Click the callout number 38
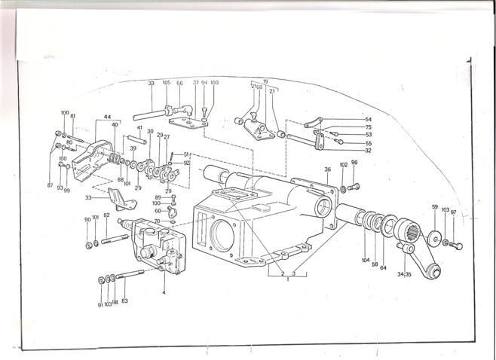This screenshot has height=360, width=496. click(x=151, y=83)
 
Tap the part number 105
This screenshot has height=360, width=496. click(x=167, y=83)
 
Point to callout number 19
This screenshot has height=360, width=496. click(x=265, y=81)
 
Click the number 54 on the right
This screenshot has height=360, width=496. click(x=348, y=120)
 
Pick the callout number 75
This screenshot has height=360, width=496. click(x=348, y=127)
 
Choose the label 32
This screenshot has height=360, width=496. click(x=348, y=151)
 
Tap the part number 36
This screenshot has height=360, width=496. click(x=327, y=169)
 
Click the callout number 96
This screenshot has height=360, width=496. click(x=354, y=163)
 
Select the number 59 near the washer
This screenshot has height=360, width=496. click(x=434, y=206)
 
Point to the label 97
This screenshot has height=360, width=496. click(x=453, y=212)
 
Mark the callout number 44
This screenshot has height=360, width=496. click(x=108, y=117)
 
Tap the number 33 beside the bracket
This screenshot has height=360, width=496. click(x=88, y=198)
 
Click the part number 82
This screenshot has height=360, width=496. click(x=106, y=216)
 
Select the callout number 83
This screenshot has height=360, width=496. click(x=124, y=301)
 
